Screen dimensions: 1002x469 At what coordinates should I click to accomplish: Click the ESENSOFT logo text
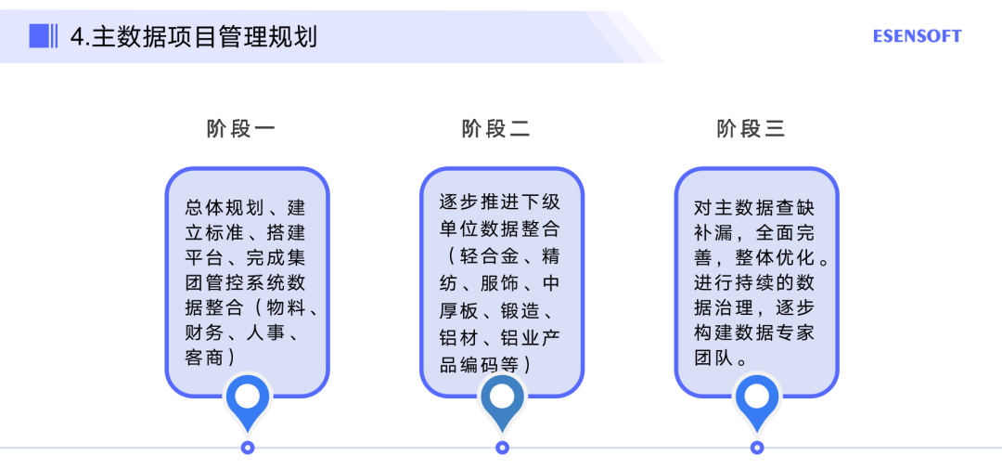point(917,36)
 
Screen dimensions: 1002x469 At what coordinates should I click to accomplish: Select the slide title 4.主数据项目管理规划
point(194,36)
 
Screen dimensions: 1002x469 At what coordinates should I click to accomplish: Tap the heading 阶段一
point(240,129)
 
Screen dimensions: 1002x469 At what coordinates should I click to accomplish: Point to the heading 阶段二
point(495,129)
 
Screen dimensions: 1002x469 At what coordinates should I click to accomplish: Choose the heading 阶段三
point(751,129)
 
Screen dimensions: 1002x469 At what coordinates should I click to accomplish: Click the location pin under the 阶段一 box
point(248,400)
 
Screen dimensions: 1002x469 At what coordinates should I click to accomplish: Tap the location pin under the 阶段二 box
point(502,400)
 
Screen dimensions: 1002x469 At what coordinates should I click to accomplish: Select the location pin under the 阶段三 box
point(757,400)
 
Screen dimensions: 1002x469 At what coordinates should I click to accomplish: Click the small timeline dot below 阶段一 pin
point(248,448)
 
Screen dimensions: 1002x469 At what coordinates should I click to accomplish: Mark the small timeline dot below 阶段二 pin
point(502,448)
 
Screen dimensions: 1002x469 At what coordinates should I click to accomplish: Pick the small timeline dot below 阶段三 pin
point(757,448)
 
